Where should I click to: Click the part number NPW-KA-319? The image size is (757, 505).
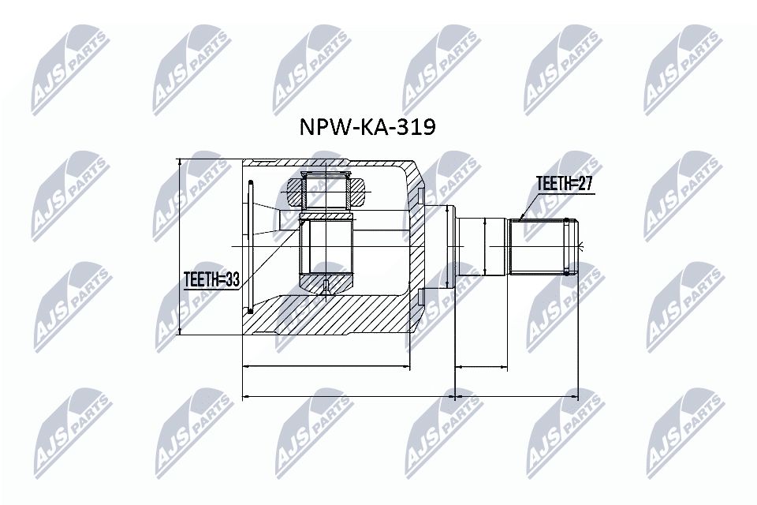pos(365,128)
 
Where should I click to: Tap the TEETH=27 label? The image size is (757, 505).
pos(564,185)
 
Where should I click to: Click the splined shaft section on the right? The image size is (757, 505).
pos(540,245)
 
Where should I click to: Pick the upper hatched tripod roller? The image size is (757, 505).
pos(326,189)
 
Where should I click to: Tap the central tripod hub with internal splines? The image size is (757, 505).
pos(326,245)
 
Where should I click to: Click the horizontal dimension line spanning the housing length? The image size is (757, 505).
pos(326,366)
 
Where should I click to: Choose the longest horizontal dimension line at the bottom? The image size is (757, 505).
pos(410,395)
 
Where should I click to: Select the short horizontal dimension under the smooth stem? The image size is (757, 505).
pos(481,366)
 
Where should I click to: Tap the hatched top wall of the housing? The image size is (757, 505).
pos(331,164)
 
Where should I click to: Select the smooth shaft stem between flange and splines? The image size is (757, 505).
pos(482,245)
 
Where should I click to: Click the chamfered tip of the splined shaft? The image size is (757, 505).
pos(575,245)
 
